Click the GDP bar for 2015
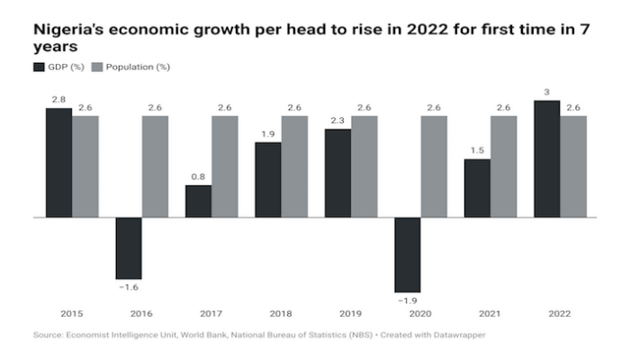59,162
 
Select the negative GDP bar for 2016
129,248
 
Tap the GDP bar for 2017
198,201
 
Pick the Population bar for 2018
294,166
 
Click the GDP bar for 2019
337,173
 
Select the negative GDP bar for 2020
408,254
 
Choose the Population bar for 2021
504,166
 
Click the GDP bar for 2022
547,158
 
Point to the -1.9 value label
407,299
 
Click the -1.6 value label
128,287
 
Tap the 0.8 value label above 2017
198,177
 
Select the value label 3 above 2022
547,92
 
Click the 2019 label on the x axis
350,313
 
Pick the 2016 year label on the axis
141,313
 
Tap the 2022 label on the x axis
560,313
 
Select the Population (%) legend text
138,67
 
